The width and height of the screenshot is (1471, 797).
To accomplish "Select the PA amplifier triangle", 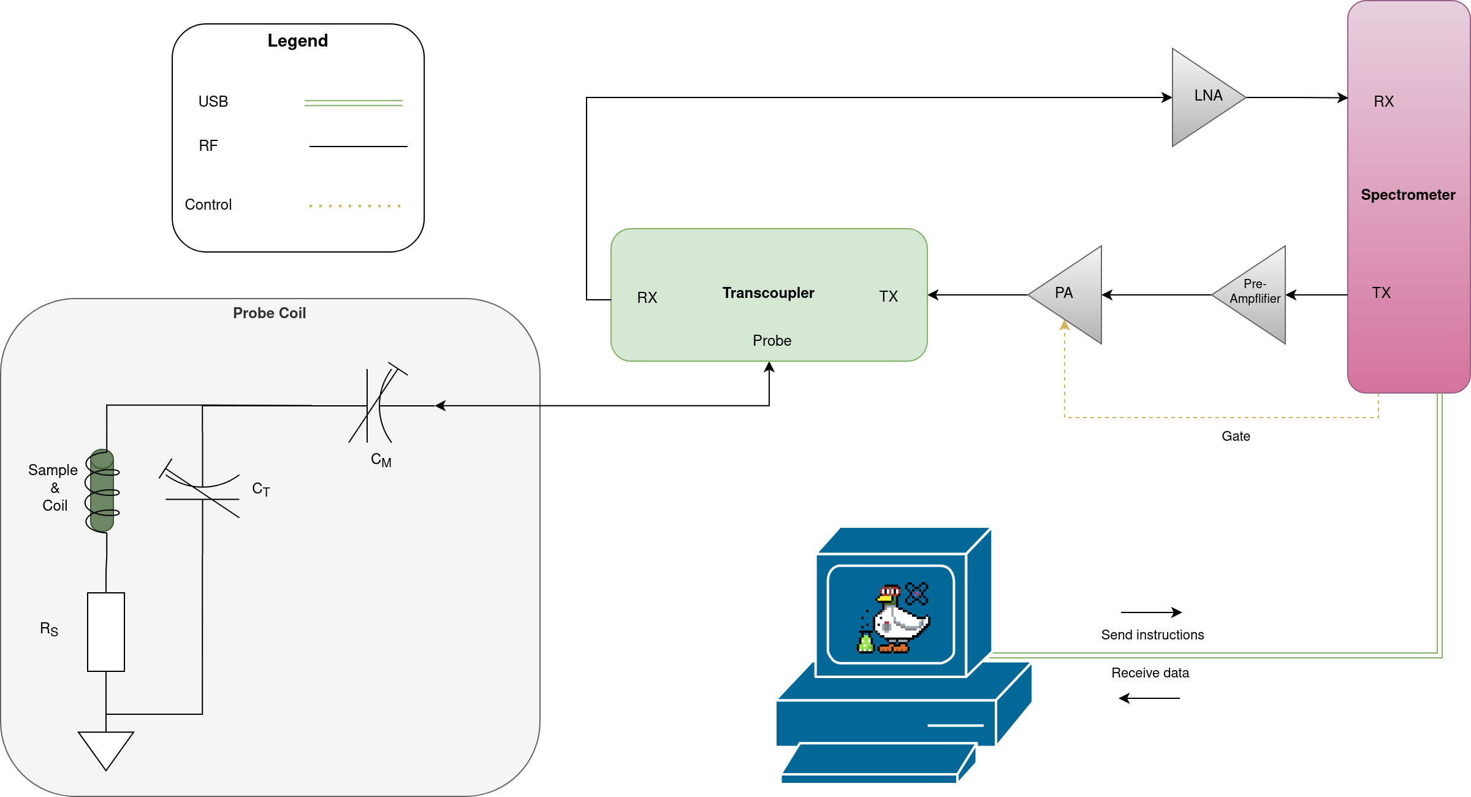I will coord(1070,295).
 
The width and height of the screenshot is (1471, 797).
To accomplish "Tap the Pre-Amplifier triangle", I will coord(1254,295).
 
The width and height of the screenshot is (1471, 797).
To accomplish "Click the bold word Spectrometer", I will coord(1408,195).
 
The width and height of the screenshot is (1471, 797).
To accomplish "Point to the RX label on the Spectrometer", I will coord(1383,102).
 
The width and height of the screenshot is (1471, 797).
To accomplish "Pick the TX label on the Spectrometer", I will coord(1381,293).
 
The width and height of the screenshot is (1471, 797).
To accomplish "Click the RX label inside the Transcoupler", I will coord(647,298).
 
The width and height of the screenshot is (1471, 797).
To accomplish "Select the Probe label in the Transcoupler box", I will coord(772,341).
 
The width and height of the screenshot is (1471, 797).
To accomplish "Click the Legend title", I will coord(297,41).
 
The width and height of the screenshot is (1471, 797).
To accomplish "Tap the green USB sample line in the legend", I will coord(354,103).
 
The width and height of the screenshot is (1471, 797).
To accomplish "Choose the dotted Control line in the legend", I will coord(355,206).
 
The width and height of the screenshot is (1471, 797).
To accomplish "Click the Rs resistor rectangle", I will coord(106,631).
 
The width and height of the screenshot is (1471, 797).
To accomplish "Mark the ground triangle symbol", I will coord(106,748).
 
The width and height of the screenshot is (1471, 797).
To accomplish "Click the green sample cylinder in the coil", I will coord(102,490).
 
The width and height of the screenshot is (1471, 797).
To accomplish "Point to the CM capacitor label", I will coord(381,460).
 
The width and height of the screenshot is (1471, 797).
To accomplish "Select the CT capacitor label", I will coord(260,489).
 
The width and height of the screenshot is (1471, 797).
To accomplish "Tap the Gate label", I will coord(1235,437).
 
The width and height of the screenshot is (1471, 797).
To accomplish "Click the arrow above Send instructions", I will coord(1150,612).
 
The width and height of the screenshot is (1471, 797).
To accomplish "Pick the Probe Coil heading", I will coord(269,313).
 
